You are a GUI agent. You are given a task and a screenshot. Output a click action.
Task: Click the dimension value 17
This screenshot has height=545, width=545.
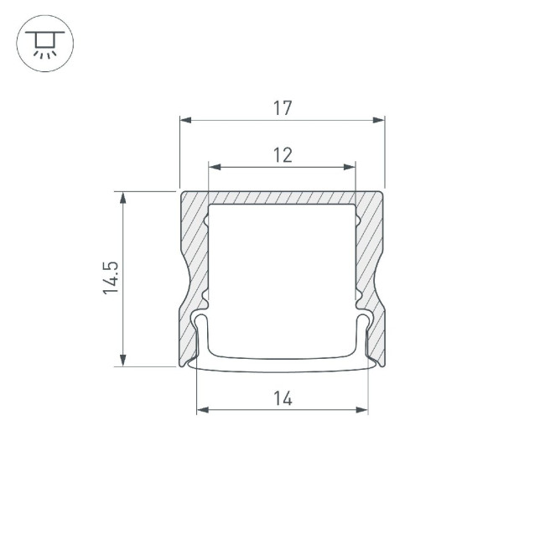(x=282, y=108)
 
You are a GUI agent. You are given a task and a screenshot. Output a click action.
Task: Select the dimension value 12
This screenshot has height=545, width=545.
(x=282, y=153)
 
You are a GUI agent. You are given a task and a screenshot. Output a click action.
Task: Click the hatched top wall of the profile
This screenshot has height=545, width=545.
(x=282, y=197)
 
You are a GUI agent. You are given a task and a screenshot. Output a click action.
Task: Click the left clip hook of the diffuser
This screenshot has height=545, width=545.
(x=201, y=323)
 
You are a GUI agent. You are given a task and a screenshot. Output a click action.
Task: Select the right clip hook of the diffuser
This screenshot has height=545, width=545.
(x=362, y=323)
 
